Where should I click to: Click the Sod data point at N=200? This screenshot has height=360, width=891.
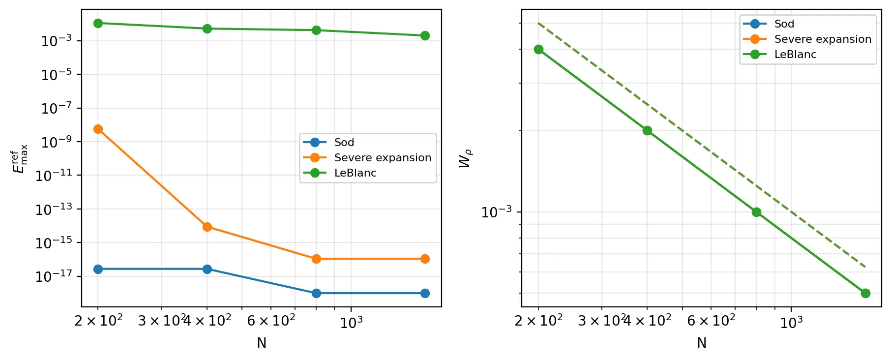(x=98, y=269)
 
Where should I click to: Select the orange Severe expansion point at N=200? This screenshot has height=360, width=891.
(x=98, y=129)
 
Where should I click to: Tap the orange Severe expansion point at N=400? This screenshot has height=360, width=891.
(x=207, y=227)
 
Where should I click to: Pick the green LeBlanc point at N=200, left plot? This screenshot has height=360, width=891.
(x=98, y=23)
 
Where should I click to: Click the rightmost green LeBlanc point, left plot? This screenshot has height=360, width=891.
(x=425, y=35)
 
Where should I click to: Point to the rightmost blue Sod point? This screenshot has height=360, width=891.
(x=425, y=293)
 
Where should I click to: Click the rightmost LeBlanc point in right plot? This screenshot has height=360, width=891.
(x=865, y=293)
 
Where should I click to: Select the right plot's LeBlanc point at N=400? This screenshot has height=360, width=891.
(x=647, y=130)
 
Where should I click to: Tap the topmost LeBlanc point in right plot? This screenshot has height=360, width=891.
(x=538, y=49)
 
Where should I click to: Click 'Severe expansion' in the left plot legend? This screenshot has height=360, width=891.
(x=382, y=158)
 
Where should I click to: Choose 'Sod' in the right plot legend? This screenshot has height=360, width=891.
(x=784, y=24)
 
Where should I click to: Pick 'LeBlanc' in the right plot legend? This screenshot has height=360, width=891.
(x=795, y=55)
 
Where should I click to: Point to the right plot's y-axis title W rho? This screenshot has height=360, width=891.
(x=465, y=158)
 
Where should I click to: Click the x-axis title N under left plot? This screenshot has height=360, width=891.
(x=262, y=343)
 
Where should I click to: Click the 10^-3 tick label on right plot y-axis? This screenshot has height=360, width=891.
(x=496, y=212)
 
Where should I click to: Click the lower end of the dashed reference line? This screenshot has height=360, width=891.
(x=865, y=267)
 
